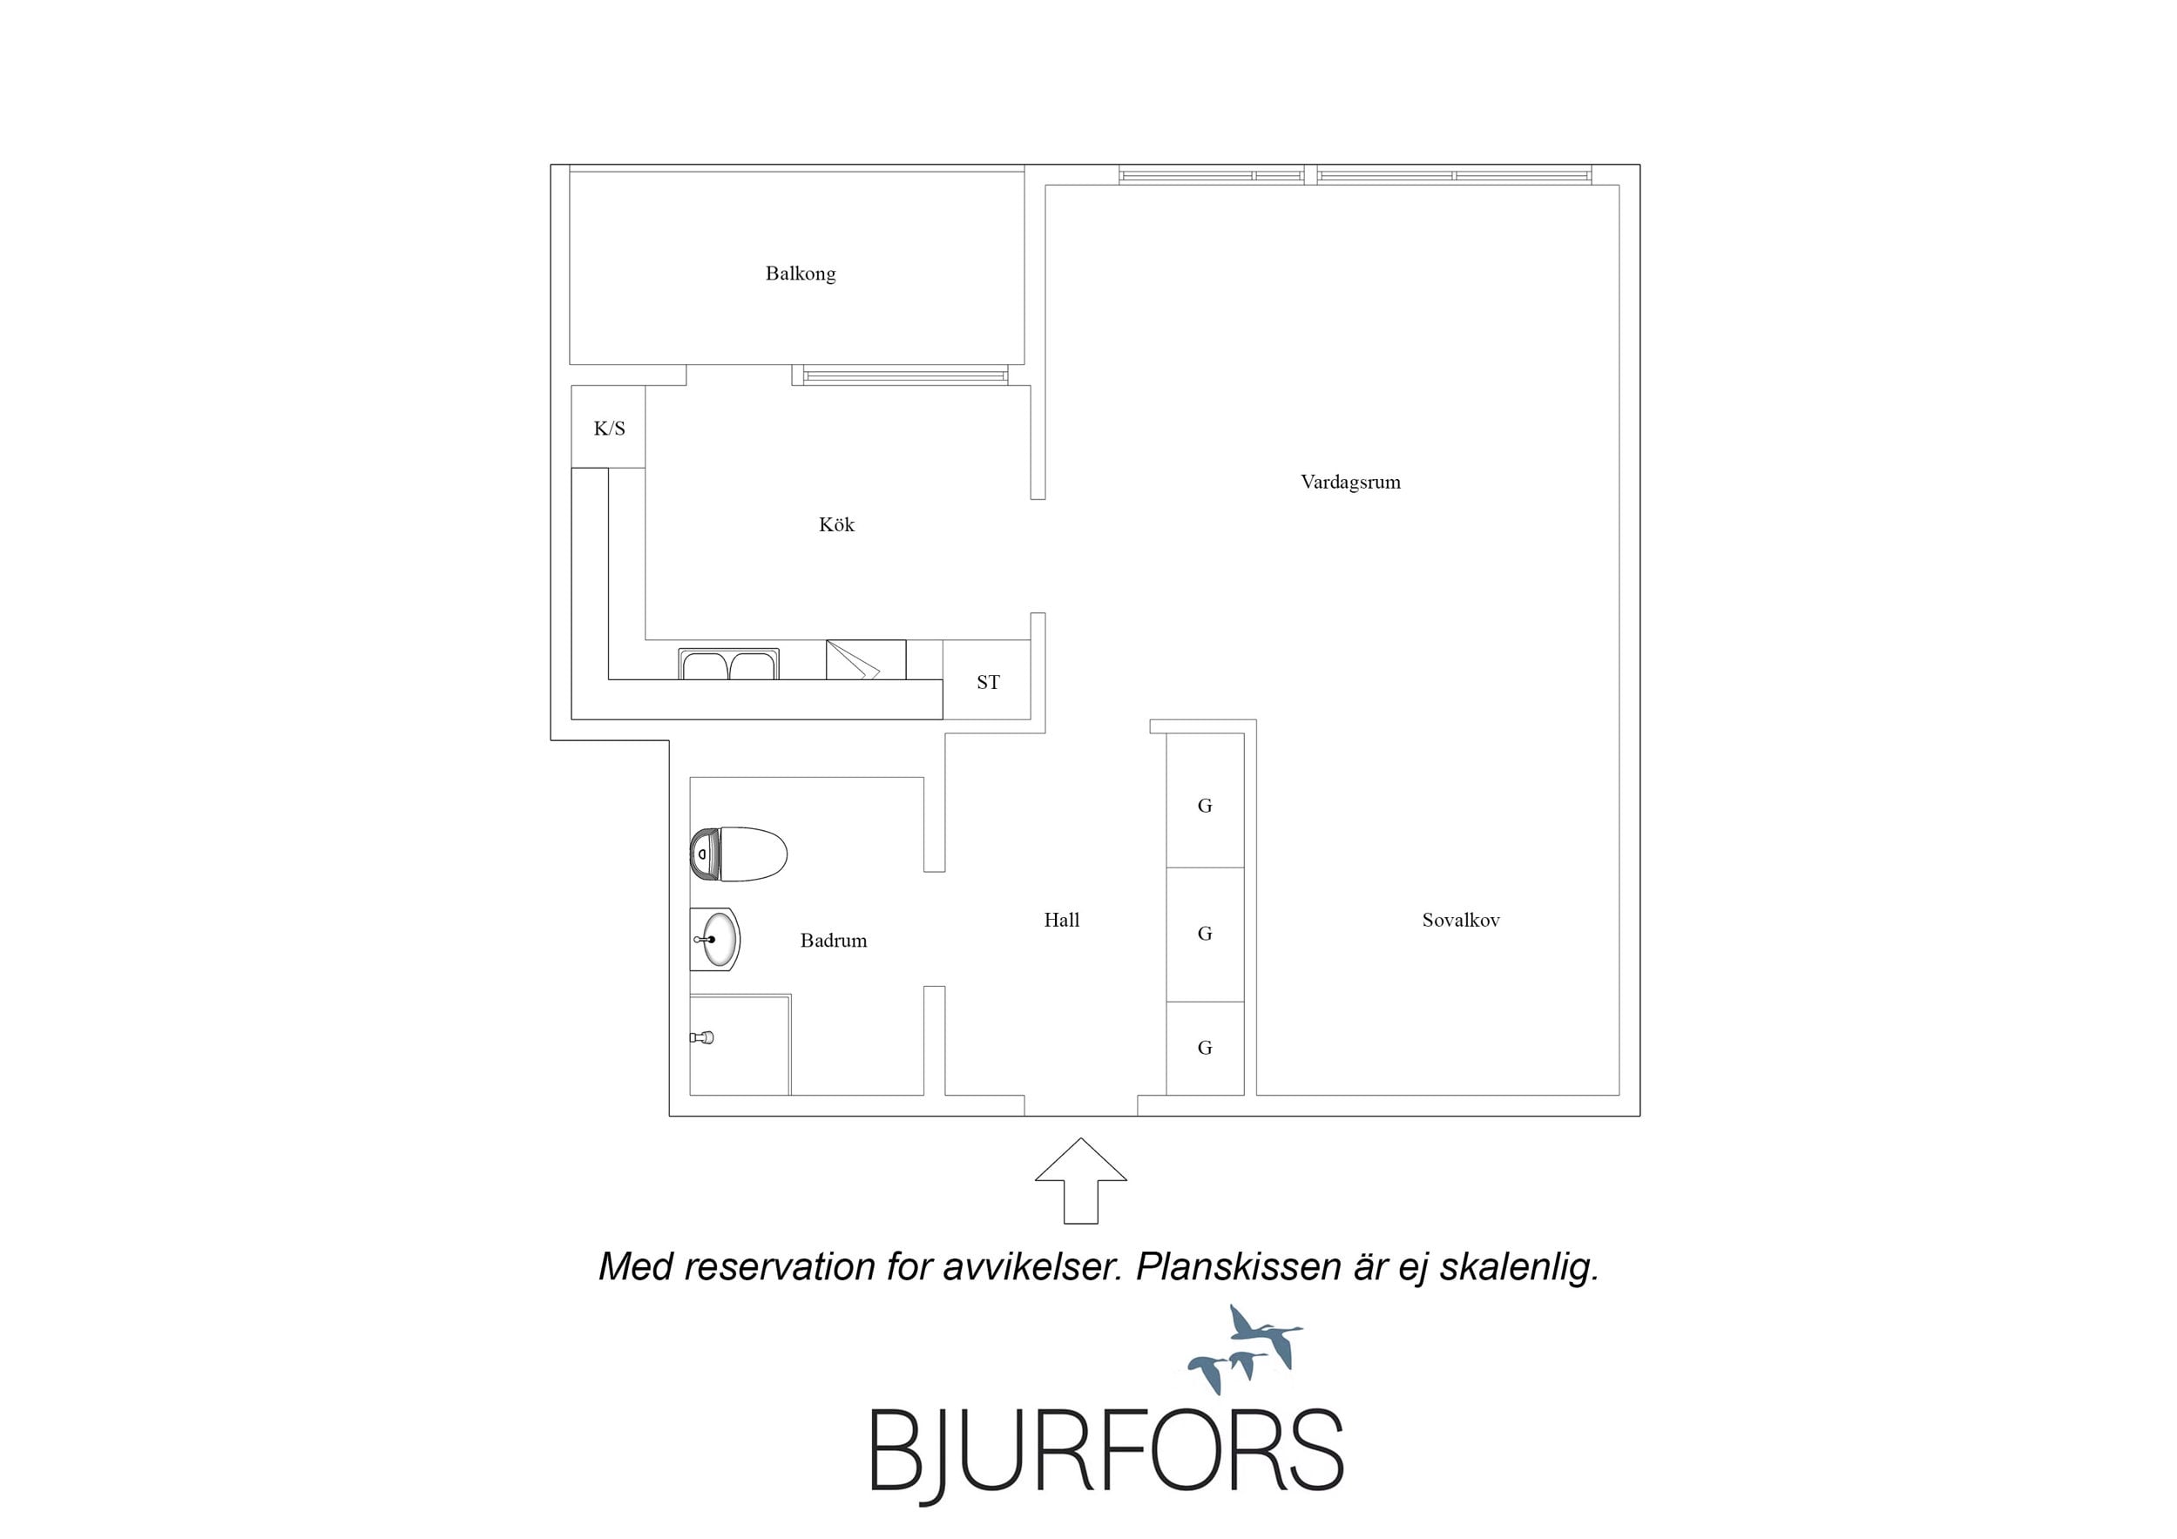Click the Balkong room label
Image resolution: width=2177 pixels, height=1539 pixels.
tap(801, 274)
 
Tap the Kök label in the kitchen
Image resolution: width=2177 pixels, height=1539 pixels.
tap(836, 524)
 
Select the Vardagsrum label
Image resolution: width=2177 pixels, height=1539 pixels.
tap(1350, 482)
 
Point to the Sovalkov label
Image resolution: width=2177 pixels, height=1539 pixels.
tap(1460, 920)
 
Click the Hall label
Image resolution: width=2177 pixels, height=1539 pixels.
tap(1061, 920)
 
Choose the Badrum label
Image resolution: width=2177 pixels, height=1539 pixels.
tap(834, 941)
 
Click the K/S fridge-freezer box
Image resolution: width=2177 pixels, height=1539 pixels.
tap(608, 427)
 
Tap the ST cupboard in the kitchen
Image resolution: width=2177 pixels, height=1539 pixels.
tap(987, 680)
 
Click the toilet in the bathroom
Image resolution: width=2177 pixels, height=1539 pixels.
tap(739, 854)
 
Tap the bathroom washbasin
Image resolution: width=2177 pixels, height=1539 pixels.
tap(715, 940)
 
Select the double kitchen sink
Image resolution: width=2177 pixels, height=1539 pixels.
tap(728, 664)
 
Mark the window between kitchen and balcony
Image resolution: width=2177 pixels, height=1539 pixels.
tap(905, 376)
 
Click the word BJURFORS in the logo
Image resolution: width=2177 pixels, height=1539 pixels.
tap(1106, 1451)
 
